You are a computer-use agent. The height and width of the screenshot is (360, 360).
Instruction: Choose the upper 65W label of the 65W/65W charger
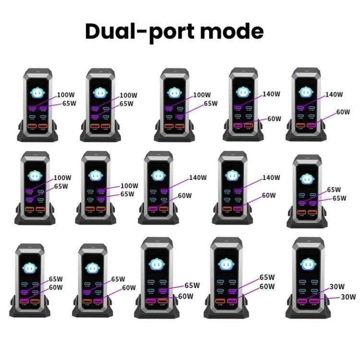(x=334, y=190)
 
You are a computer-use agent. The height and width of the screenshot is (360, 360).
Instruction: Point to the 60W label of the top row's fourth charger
(x=274, y=119)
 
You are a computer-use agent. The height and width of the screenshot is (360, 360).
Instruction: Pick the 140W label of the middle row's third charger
(x=198, y=177)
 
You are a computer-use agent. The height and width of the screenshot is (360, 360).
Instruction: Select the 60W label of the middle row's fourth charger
(x=269, y=195)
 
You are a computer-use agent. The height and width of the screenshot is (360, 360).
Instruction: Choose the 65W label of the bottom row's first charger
(x=56, y=279)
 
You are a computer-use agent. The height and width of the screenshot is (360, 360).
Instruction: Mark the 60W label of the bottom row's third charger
(x=186, y=296)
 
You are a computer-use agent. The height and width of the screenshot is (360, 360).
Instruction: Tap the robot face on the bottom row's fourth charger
(x=226, y=263)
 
